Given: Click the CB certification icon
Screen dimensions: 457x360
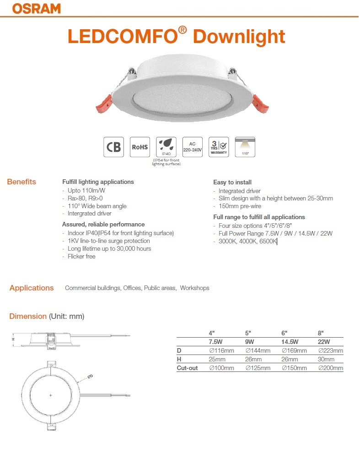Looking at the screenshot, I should (113, 147).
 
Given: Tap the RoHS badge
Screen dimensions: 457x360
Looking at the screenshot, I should (140, 147).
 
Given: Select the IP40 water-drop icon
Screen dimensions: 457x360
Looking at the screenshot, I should (166, 147).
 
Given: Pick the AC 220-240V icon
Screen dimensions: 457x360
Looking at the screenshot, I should (192, 147).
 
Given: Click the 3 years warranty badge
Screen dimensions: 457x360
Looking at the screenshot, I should (219, 147).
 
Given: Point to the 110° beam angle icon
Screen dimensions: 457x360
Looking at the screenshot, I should (245, 147).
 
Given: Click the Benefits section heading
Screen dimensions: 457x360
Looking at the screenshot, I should (21, 182).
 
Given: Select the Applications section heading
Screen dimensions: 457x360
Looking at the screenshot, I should (32, 288).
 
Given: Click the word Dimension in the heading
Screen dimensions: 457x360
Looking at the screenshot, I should (28, 316).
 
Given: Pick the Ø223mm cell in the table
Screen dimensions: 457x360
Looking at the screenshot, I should (330, 351).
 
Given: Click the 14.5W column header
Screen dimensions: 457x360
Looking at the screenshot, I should (290, 342).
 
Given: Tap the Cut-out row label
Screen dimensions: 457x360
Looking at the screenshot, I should (187, 368).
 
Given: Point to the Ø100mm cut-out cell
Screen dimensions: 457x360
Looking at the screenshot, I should (221, 368).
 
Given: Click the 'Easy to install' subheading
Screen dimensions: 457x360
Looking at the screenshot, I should (232, 182).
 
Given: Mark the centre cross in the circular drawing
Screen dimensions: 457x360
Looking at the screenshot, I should (50, 395).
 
